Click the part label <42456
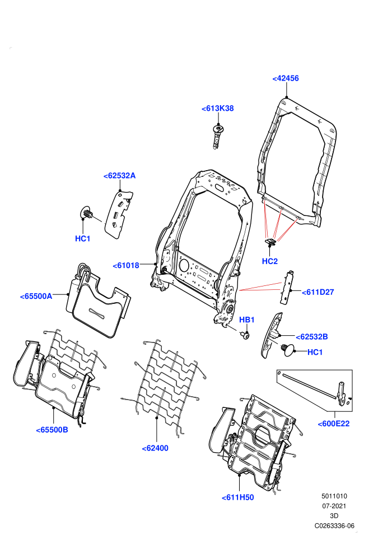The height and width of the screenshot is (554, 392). [x=285, y=78]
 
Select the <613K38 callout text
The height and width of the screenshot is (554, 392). [x=217, y=109]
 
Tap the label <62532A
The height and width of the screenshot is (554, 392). [x=119, y=176]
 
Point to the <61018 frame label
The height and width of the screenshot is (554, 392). [x=126, y=265]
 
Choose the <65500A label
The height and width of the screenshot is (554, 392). [x=36, y=296]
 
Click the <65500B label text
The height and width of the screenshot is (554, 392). [x=52, y=430]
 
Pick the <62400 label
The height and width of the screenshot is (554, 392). [x=155, y=448]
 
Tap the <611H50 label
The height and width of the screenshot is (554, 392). [x=237, y=497]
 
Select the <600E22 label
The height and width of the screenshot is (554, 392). [x=333, y=424]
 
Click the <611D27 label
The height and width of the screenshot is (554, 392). [x=318, y=292]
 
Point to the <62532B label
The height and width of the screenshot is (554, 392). [x=312, y=337]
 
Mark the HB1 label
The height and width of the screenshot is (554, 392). [x=247, y=320]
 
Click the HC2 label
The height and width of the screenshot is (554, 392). [x=270, y=261]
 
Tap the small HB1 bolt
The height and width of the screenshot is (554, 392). [x=245, y=334]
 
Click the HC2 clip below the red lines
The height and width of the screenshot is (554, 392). [x=270, y=242]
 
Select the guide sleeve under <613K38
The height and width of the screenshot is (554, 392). [x=217, y=136]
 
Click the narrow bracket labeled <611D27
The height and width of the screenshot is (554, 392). [x=287, y=287]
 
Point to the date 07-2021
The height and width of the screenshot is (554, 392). [x=334, y=506]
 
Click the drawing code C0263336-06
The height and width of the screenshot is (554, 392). [x=334, y=525]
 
